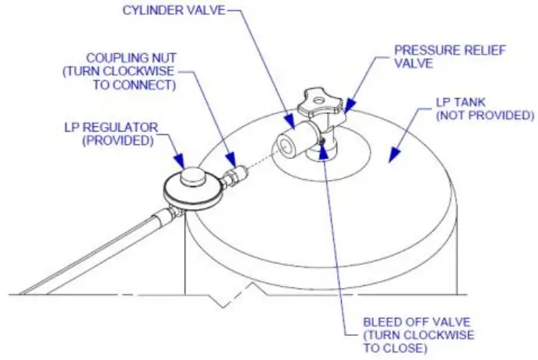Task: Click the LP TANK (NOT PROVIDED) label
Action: tap(484, 110)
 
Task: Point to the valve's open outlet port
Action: tap(285, 145)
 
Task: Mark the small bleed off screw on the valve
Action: tap(322, 141)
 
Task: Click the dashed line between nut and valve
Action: tap(257, 158)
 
